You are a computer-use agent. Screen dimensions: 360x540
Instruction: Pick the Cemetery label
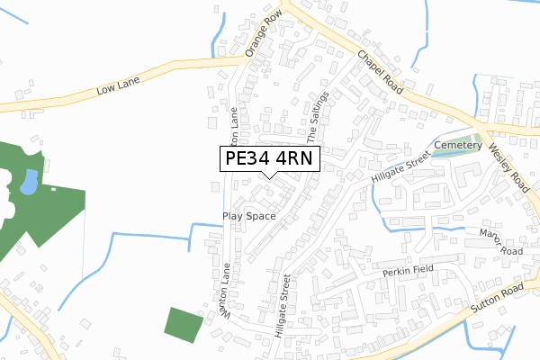458,145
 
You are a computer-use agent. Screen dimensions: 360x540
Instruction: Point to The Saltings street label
319,116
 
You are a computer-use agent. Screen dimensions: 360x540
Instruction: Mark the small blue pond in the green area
28,183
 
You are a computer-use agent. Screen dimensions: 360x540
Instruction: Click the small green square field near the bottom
184,324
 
